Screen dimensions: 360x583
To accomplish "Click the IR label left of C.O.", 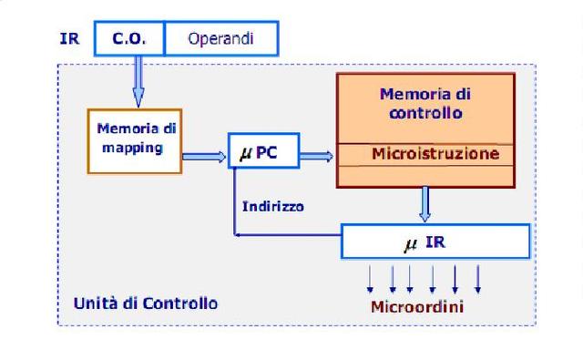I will (68, 39).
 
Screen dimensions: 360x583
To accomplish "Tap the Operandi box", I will (220, 39).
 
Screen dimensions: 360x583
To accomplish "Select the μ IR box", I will (435, 242).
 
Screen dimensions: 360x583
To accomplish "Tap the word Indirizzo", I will (273, 206).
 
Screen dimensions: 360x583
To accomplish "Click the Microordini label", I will (416, 306).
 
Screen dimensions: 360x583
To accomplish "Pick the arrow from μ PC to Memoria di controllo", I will (316, 156).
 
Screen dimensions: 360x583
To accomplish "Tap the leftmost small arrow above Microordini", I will (370, 277).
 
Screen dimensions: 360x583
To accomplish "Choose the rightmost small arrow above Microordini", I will (478, 277).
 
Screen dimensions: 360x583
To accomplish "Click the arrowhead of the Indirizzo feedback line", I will (239, 235).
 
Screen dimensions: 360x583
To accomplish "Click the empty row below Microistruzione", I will (425, 175).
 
